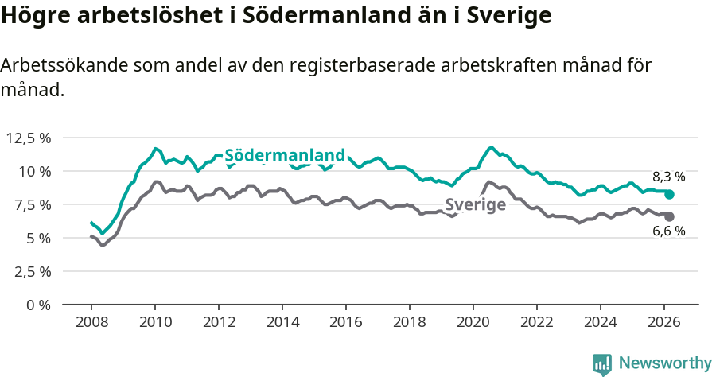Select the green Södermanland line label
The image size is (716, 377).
point(285,155)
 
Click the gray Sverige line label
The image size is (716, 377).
point(475,204)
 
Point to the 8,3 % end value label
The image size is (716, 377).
point(668,177)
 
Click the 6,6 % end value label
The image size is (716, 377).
point(668,231)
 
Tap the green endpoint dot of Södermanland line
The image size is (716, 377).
point(670,195)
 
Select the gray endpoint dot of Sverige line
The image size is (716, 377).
point(670,216)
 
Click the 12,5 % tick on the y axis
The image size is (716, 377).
point(29,138)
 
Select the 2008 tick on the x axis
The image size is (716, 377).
point(91,321)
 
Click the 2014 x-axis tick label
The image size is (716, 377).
point(282,321)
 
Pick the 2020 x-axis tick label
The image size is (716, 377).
point(473,321)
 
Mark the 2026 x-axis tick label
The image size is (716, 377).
point(664,321)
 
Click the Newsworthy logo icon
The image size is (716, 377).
point(601,363)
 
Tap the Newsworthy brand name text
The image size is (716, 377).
point(664,363)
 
